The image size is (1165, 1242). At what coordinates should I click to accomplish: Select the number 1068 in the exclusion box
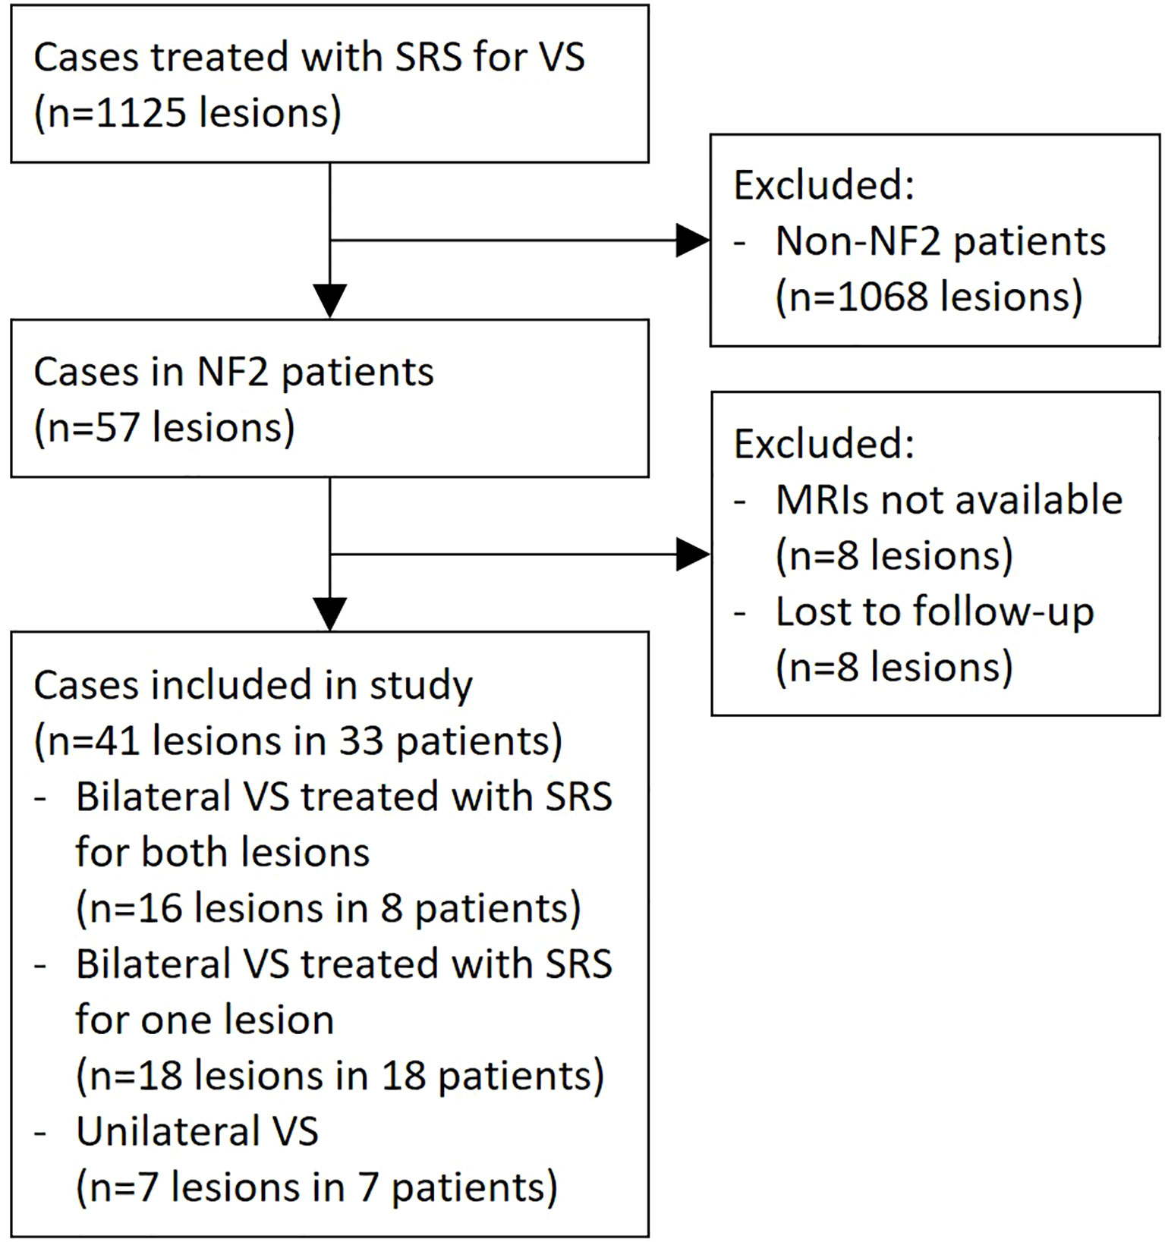pyautogui.click(x=883, y=297)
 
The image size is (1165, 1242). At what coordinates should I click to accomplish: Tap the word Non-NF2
pyautogui.click(x=858, y=241)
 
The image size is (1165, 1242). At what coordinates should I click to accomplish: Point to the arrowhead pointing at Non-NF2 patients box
pyautogui.click(x=691, y=241)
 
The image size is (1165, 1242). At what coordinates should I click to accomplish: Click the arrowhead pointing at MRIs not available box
pyautogui.click(x=691, y=555)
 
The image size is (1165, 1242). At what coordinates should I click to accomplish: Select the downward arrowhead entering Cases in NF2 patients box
pyautogui.click(x=330, y=300)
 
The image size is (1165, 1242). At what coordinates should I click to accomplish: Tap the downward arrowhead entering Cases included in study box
pyautogui.click(x=330, y=614)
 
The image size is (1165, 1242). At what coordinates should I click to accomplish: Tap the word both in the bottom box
pyautogui.click(x=175, y=852)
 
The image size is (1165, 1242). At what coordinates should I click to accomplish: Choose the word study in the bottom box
pyautogui.click(x=420, y=686)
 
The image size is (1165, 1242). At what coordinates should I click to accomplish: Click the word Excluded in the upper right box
pyautogui.click(x=823, y=185)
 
